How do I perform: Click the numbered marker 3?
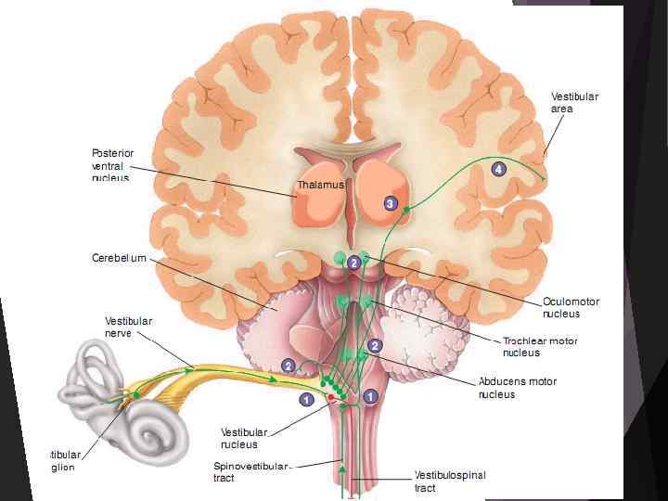point(391,202)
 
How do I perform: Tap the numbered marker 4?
point(498,169)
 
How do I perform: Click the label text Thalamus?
point(320,186)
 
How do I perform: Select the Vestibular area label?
point(574,102)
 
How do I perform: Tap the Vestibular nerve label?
point(128,327)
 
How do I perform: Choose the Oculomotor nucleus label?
point(571,307)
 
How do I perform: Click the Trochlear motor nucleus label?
point(540,346)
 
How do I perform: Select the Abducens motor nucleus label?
point(517,387)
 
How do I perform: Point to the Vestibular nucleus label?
point(244,438)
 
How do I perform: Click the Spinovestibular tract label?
point(251,471)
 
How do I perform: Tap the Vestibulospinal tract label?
point(449,482)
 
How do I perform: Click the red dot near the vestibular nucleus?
point(329,396)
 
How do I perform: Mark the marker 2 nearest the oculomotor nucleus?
point(353,263)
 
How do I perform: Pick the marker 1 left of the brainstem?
point(305,400)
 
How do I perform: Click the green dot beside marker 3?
point(406,211)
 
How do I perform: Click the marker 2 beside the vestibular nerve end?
point(289,366)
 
